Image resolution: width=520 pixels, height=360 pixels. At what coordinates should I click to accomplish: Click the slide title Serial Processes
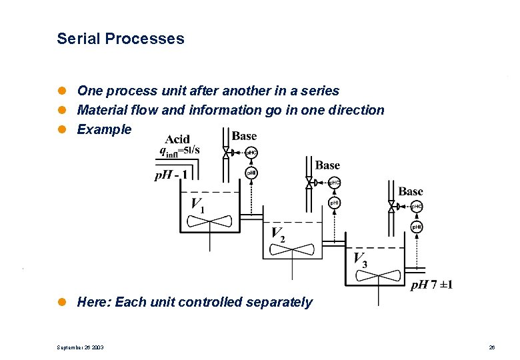[x=120, y=39]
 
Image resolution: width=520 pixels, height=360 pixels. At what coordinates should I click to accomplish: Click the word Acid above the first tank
[x=177, y=139]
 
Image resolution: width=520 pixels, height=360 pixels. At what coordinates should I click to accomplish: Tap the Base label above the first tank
[x=244, y=136]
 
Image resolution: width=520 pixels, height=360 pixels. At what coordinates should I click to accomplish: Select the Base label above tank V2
[x=327, y=165]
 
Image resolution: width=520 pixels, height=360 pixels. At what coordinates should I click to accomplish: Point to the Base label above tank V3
[x=410, y=191]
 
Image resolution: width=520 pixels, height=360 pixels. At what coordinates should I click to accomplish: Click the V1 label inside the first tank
[x=198, y=205]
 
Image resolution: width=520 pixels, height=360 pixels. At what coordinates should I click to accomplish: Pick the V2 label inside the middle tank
[x=279, y=234]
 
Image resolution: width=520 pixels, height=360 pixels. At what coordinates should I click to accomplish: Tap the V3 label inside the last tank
[x=360, y=259]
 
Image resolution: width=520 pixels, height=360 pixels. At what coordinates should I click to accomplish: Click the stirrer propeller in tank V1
[x=209, y=221]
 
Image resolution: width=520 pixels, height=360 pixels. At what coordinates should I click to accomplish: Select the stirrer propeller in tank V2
[x=291, y=249]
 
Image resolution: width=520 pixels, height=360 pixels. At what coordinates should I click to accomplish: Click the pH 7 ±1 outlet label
[x=431, y=285]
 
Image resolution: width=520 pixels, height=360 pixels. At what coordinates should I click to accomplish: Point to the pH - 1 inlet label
[x=171, y=176]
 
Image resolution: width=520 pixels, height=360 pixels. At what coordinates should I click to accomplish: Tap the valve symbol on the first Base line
[x=226, y=153]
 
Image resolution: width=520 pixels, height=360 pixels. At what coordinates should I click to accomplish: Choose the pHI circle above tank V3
[x=416, y=228]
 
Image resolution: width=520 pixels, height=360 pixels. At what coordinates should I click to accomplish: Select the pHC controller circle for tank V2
[x=334, y=183]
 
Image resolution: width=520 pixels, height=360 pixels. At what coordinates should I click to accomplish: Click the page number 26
[x=491, y=347]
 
